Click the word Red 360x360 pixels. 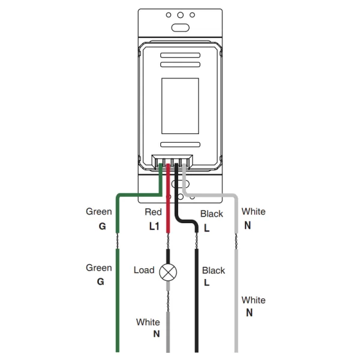pyautogui.click(x=153, y=212)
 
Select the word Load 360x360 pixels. pyautogui.click(x=144, y=270)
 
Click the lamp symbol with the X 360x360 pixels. pyautogui.click(x=168, y=272)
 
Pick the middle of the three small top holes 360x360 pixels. pyautogui.click(x=181, y=14)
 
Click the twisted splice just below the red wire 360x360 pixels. pyautogui.click(x=168, y=240)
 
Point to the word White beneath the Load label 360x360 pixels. pyautogui.click(x=148, y=322)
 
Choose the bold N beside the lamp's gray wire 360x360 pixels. pyautogui.click(x=156, y=334)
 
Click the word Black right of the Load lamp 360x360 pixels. pyautogui.click(x=214, y=271)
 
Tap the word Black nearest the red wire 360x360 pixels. pyautogui.click(x=212, y=214)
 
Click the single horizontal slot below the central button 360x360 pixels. pyautogui.click(x=181, y=145)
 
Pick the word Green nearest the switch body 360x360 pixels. pyautogui.click(x=99, y=211)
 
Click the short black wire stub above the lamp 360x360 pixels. pyautogui.click(x=168, y=254)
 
